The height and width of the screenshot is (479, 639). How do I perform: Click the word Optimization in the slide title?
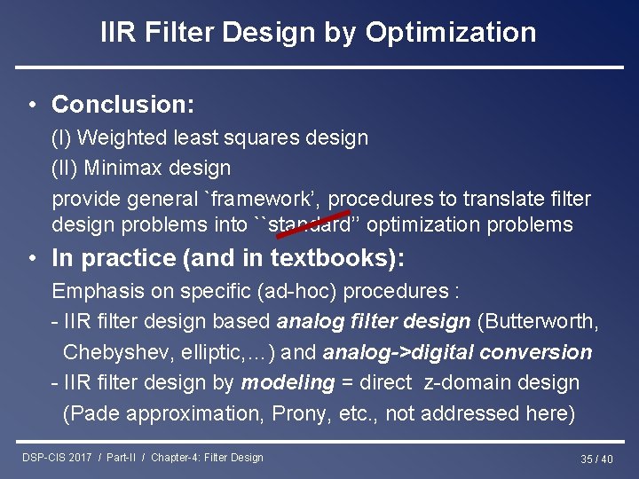pos(451,33)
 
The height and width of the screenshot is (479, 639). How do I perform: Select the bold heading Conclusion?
pos(122,105)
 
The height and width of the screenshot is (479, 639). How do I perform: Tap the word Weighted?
pos(122,137)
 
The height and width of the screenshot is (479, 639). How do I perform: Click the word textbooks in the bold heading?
pos(332,258)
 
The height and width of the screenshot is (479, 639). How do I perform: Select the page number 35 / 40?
pos(596,459)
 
